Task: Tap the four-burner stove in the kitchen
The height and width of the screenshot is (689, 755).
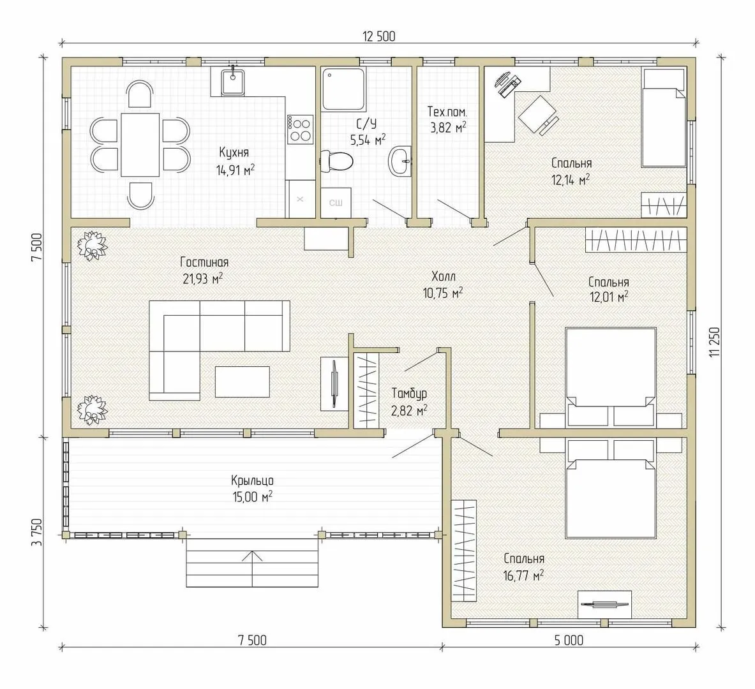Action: (300, 129)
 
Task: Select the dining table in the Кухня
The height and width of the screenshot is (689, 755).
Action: (140, 144)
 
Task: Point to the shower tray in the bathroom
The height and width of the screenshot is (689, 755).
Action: (343, 89)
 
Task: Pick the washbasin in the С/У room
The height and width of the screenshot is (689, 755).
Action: (401, 160)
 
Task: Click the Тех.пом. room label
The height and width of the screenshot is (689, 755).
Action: (447, 112)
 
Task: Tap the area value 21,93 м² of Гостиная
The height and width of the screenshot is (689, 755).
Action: (203, 278)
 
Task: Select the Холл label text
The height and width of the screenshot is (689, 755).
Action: (444, 276)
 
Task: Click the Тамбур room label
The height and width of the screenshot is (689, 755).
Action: (409, 394)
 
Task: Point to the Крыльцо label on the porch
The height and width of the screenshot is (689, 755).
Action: (252, 480)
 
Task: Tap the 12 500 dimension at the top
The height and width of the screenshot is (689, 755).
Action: (379, 36)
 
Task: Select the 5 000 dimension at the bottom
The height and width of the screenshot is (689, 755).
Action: (569, 640)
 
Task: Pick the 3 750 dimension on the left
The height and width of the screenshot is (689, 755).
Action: (36, 532)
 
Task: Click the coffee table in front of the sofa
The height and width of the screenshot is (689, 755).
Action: (242, 382)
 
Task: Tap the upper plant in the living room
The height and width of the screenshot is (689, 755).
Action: (91, 246)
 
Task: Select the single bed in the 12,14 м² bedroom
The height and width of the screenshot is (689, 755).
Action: (664, 117)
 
